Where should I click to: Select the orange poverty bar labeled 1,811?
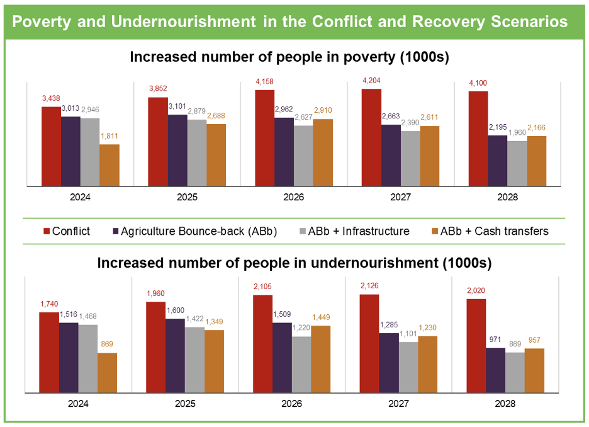(x=109, y=165)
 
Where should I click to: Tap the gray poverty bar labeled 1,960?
(x=517, y=163)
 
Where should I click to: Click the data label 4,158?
(x=265, y=82)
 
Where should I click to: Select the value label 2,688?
(x=216, y=116)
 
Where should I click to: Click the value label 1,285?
(x=389, y=325)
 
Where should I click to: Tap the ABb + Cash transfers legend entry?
(x=494, y=231)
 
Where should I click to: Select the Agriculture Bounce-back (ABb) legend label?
(x=199, y=231)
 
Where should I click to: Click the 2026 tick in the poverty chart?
(x=294, y=197)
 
